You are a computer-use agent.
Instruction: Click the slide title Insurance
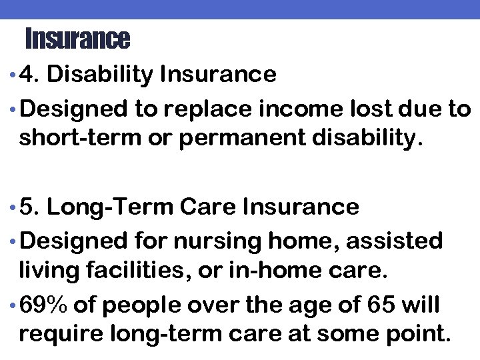pyautogui.click(x=77, y=39)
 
